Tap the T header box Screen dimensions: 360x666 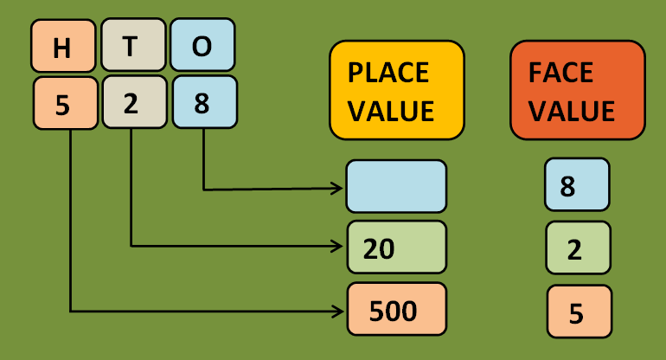(x=131, y=46)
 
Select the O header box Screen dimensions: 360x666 (x=202, y=46)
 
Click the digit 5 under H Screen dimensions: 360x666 (x=62, y=104)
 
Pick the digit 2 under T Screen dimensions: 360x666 (x=131, y=104)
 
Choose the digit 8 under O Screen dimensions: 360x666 (x=202, y=104)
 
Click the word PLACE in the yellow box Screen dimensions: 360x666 (x=388, y=73)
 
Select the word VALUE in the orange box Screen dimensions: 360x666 (x=573, y=111)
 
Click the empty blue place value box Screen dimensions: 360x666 (x=396, y=186)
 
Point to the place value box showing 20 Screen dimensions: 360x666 (x=396, y=247)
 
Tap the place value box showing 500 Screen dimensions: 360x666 (x=396, y=309)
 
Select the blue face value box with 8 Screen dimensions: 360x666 (x=577, y=186)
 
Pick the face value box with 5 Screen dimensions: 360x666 (x=579, y=312)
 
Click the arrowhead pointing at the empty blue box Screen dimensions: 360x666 (x=338, y=187)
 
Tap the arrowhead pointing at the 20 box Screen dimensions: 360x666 (x=338, y=247)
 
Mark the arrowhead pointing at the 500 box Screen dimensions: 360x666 (x=338, y=309)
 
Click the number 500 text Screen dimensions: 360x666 (x=393, y=310)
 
